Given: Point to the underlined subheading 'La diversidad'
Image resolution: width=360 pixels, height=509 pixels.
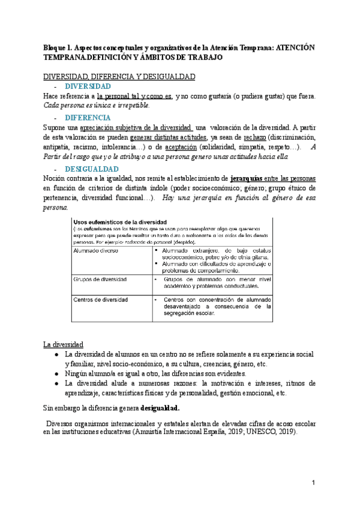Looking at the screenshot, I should click(63, 344).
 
